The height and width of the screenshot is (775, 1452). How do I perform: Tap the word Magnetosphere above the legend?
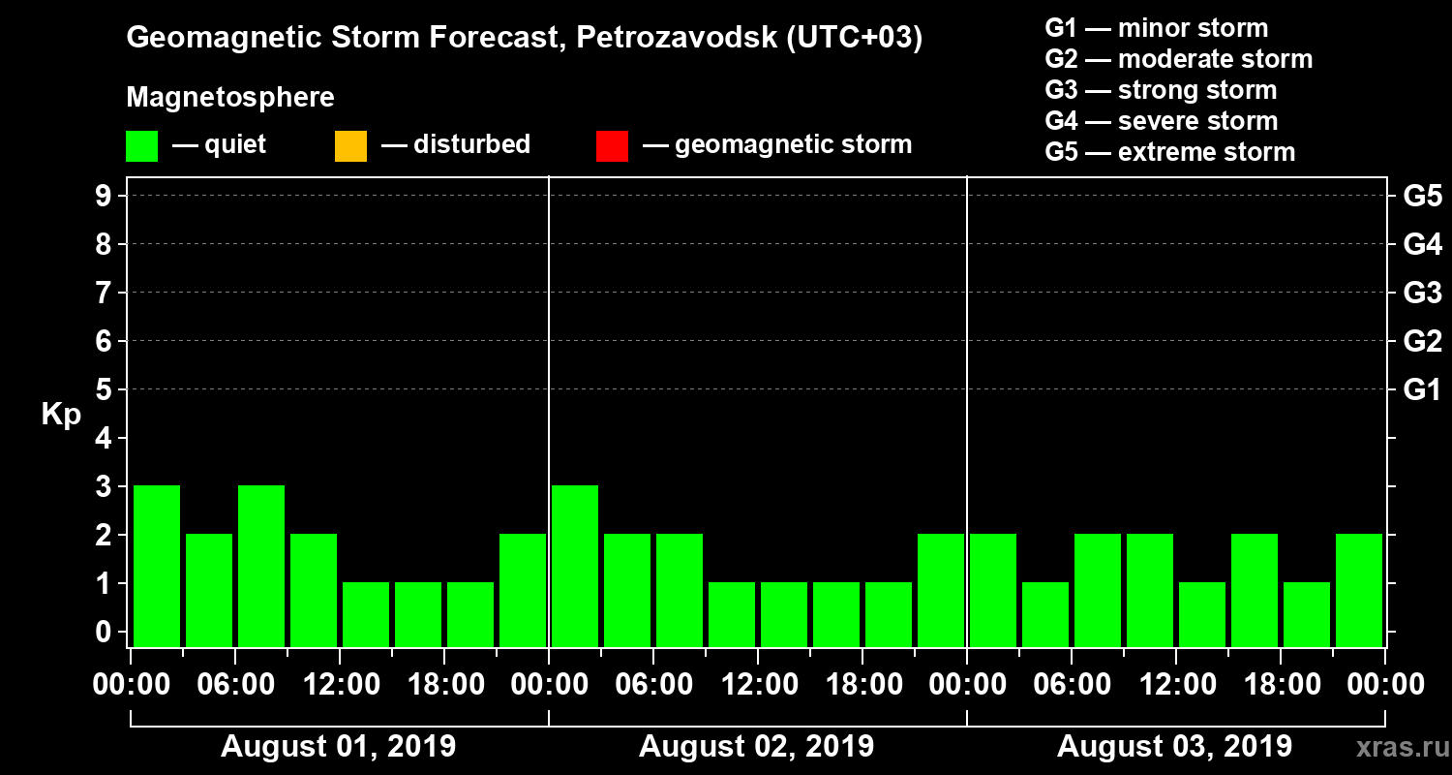[230, 98]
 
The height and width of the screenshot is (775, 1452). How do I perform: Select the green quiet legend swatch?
[141, 146]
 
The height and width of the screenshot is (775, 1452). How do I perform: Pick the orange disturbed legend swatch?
[350, 146]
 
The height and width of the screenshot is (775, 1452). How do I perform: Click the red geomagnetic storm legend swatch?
[612, 146]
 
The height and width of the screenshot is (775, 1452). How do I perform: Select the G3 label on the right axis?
[1422, 293]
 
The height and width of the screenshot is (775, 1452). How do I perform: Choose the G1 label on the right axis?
[1422, 389]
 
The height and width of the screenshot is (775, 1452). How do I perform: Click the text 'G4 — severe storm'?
[1161, 121]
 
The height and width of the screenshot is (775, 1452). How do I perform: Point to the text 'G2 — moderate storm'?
[1178, 59]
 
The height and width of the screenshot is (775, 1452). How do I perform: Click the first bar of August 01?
[157, 566]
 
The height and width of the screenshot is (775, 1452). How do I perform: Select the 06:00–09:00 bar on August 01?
[261, 566]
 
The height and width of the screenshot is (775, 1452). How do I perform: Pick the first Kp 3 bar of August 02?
[575, 566]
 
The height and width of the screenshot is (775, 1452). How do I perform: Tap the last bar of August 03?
[1359, 590]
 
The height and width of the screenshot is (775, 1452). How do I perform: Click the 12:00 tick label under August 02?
[758, 685]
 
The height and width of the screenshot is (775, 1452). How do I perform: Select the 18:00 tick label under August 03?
[1281, 685]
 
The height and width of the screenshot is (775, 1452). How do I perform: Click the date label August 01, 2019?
[339, 747]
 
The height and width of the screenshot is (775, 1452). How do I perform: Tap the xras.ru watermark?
[1394, 747]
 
